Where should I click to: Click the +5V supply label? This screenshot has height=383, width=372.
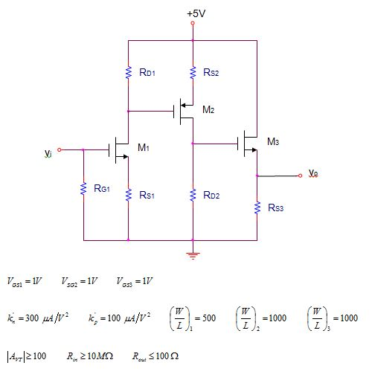point(196,13)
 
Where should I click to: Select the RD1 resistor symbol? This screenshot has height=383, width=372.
point(128,72)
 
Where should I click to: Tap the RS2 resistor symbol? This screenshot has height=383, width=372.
point(193,72)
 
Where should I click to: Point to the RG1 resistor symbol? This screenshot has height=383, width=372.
point(83,190)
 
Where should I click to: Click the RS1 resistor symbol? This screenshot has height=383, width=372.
point(128,195)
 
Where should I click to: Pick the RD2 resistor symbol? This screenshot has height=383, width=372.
point(193,195)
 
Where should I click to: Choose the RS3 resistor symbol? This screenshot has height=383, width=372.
point(257,207)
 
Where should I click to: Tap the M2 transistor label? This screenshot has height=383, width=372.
point(208,109)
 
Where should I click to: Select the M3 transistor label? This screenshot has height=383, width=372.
point(273,141)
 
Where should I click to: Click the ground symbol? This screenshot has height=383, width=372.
point(193,255)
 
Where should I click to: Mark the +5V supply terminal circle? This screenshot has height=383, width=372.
point(193,24)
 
